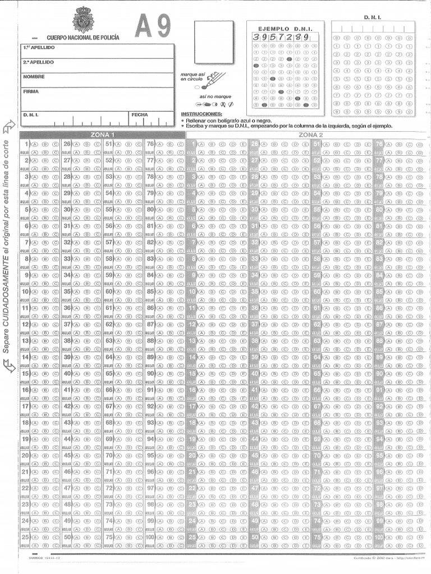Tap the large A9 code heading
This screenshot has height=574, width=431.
153,26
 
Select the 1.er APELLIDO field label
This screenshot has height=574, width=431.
39,48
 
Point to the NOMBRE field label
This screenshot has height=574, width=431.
34,76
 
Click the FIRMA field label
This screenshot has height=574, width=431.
31,91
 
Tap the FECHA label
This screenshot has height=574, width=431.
140,115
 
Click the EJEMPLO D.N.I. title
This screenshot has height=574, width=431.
285,28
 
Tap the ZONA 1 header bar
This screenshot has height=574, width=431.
102,135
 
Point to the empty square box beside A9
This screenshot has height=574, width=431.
213,42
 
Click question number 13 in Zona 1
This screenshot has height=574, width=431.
25,341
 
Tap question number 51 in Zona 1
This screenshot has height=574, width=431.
109,144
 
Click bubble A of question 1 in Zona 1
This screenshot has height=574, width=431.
35,144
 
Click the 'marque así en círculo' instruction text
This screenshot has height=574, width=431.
192,77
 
